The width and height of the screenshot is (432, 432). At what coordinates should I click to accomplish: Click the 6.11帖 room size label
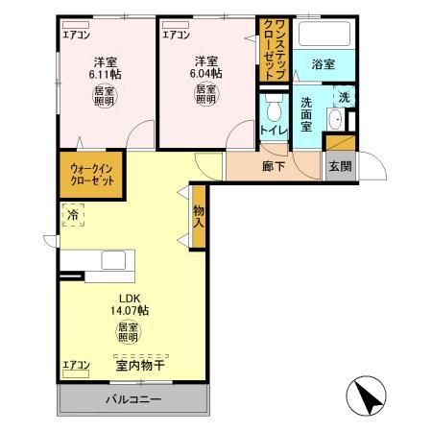tap(105, 73)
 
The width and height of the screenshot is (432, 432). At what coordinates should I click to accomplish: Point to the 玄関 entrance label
tap(339, 166)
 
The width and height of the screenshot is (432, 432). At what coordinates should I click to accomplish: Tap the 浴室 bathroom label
tap(323, 64)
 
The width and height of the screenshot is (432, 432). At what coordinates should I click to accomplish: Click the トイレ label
tap(274, 132)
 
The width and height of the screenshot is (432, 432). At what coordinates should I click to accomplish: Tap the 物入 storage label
tap(198, 217)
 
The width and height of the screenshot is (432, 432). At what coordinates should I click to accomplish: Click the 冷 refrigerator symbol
tap(73, 215)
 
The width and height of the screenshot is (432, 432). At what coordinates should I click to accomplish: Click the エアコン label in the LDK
tap(76, 365)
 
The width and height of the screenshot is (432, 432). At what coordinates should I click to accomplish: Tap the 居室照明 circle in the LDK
tap(129, 334)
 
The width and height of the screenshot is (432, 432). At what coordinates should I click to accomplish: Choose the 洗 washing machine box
tap(344, 97)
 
